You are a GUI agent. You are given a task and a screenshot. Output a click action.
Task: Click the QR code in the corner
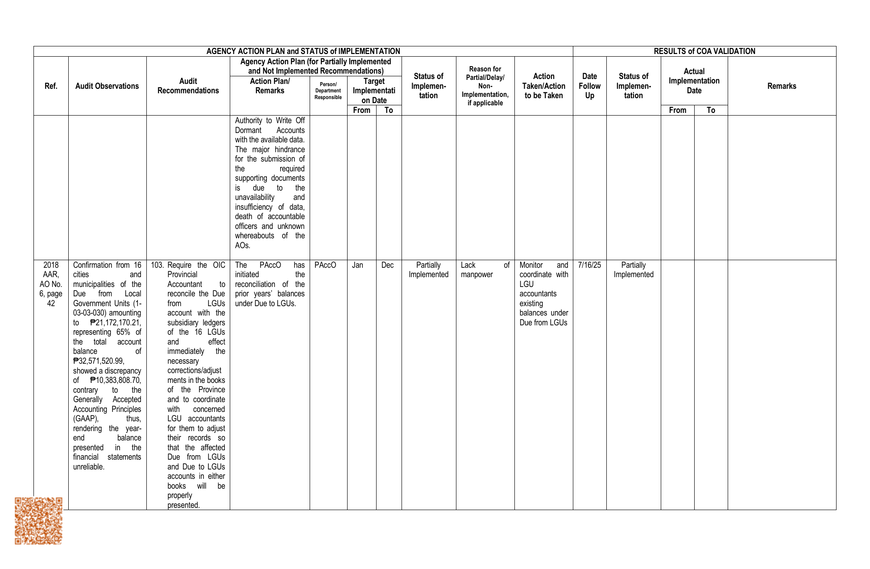[38, 521]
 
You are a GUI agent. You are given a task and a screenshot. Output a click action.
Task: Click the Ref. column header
[51, 86]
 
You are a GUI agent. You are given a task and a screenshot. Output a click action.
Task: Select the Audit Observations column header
[107, 86]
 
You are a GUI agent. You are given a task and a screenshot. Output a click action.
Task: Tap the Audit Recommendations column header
[188, 86]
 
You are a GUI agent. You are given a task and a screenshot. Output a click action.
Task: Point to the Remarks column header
[782, 86]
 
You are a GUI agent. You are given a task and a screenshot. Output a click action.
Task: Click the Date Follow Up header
[589, 86]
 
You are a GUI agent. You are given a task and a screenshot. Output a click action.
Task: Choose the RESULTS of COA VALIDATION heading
[704, 51]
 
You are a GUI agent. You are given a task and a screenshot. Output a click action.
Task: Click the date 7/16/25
[589, 265]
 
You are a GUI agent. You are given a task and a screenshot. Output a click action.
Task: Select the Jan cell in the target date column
[357, 265]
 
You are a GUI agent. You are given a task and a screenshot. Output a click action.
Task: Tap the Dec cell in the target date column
[387, 265]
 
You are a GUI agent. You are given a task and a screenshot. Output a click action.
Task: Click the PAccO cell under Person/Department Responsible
[325, 265]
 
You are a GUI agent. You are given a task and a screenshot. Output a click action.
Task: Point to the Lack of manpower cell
[485, 270]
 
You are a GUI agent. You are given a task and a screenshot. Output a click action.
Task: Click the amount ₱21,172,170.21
[115, 323]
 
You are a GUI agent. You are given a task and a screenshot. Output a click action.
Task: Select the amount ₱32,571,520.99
[99, 361]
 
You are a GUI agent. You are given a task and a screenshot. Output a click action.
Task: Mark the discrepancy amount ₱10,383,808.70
[115, 380]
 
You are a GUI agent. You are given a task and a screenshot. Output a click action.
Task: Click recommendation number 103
[157, 265]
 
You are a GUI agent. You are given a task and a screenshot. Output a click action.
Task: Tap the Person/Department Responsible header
[328, 91]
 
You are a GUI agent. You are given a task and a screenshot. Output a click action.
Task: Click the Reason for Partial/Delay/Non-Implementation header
[485, 86]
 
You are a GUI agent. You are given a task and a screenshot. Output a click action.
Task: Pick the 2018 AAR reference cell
[51, 284]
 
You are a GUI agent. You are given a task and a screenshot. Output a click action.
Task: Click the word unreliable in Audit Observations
[88, 467]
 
